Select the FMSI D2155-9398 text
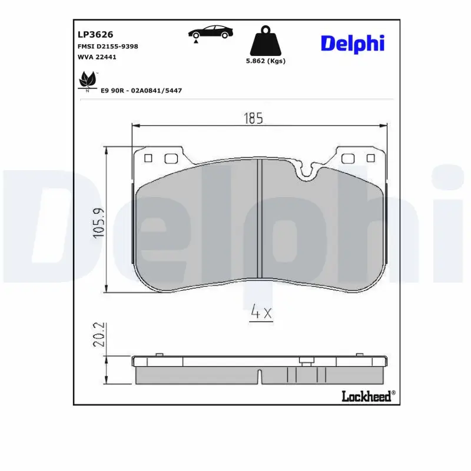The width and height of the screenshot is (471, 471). click(x=108, y=46)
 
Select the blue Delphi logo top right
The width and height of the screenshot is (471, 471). click(x=352, y=42)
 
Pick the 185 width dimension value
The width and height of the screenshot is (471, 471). click(x=253, y=118)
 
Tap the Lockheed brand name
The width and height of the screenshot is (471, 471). click(x=367, y=396)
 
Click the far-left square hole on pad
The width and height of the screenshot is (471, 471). click(x=148, y=158)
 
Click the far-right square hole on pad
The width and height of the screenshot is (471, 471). click(x=370, y=158)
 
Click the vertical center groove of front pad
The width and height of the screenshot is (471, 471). click(x=259, y=218)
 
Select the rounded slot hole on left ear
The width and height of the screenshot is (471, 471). click(x=171, y=158)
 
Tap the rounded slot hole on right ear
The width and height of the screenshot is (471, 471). click(x=348, y=158)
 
